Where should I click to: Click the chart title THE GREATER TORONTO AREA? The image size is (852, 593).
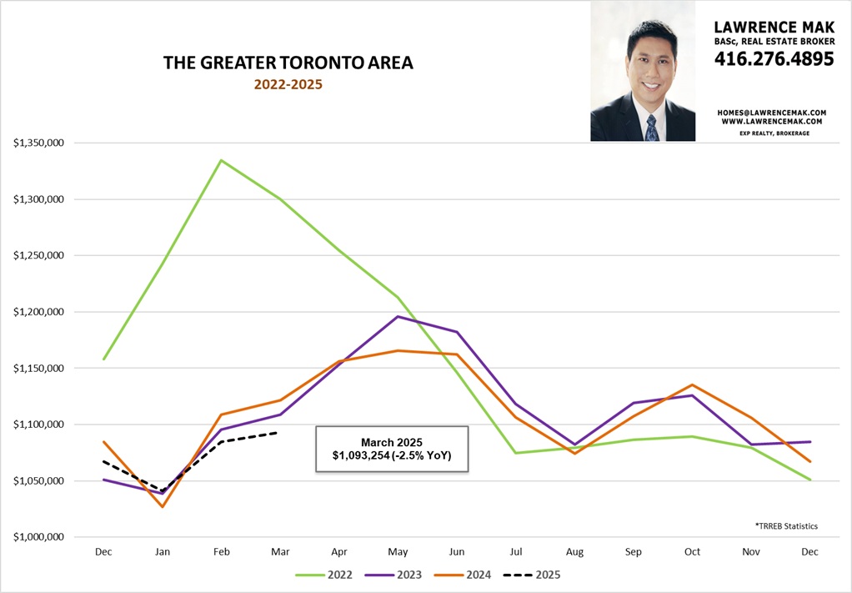click(288, 63)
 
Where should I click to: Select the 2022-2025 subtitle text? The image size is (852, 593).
click(288, 84)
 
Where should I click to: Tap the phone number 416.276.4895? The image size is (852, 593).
click(774, 59)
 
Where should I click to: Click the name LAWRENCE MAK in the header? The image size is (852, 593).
click(774, 28)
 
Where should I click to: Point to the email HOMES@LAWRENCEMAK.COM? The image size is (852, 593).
click(771, 112)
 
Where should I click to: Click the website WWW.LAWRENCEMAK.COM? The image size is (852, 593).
click(771, 122)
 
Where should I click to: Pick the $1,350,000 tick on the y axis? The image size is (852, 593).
click(39, 143)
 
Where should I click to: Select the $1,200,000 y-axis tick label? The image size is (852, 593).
click(39, 312)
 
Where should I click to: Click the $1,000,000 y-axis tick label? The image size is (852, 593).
click(39, 538)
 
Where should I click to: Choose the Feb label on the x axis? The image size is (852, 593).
click(221, 553)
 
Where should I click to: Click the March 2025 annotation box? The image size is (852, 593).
click(392, 450)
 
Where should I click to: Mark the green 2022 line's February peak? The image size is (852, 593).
click(221, 160)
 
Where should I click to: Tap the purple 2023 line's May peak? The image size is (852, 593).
click(398, 317)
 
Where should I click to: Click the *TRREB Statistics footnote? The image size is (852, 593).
click(786, 526)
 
